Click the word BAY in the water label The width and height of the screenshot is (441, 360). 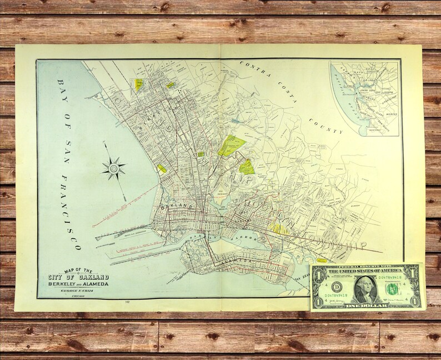(59, 89)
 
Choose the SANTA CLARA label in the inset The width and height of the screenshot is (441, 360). (375, 112)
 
